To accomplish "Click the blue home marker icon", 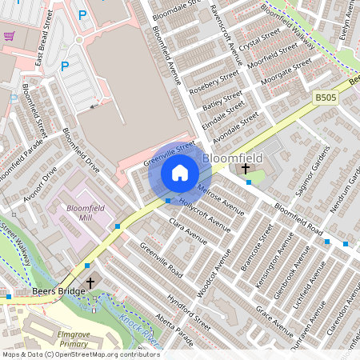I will [180, 173].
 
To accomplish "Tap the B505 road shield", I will [324, 97].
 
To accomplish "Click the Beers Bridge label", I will [58, 292].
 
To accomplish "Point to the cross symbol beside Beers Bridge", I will [90, 283].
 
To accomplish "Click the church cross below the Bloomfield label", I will [245, 168].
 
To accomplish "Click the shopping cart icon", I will [10, 36].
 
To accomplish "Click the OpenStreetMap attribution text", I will [80, 354].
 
